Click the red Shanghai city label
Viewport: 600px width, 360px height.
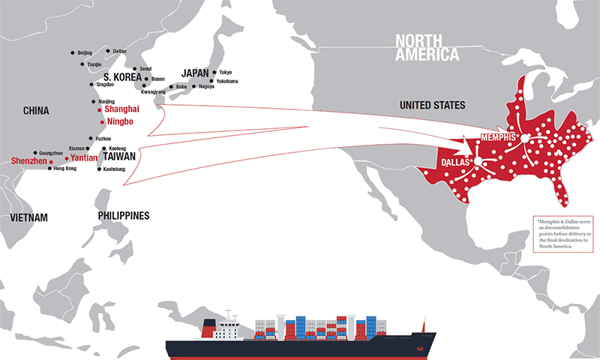(124, 109)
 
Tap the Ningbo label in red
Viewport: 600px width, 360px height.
(120, 121)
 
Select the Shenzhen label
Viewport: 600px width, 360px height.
(28, 160)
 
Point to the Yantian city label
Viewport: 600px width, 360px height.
(84, 158)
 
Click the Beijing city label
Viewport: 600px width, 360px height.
(85, 52)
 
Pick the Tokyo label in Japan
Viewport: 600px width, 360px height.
(226, 72)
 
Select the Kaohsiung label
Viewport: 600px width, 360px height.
(114, 169)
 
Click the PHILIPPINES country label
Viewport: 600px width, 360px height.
(123, 216)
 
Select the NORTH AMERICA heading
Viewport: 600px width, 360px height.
(427, 47)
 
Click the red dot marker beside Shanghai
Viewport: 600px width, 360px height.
(100, 110)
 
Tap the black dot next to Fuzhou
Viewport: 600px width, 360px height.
(90, 139)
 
